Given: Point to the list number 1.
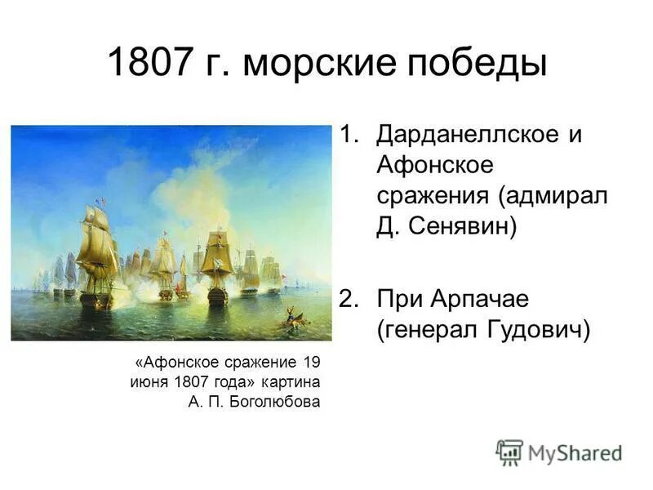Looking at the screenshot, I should pos(349,135).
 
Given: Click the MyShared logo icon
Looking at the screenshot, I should pos(509,452).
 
